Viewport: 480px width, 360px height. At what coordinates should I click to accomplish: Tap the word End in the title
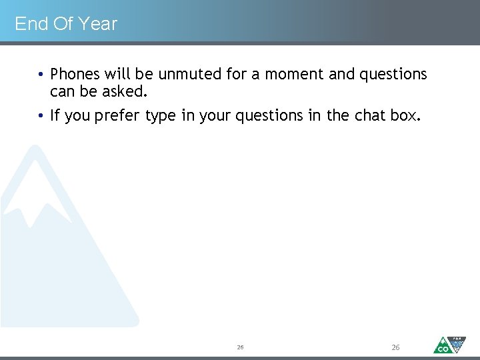[x=31, y=24]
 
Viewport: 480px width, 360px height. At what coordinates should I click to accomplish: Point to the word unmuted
[x=190, y=74]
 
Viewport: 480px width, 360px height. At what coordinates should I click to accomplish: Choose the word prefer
[x=117, y=116]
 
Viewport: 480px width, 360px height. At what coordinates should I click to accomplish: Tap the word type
[x=160, y=116]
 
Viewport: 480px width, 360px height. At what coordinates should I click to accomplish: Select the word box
[x=405, y=115]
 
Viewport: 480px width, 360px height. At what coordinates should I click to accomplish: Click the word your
[x=215, y=116]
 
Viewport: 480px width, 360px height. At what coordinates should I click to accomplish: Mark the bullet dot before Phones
[x=41, y=75]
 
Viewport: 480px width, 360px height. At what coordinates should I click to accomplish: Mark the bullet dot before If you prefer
[x=41, y=116]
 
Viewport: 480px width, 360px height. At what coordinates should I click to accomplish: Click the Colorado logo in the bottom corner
[x=449, y=344]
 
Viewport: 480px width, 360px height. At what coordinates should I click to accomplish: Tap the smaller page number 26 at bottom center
[x=240, y=348]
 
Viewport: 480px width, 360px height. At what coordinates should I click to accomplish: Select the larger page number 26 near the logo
[x=395, y=347]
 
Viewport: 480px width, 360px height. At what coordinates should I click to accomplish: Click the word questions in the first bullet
[x=393, y=74]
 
